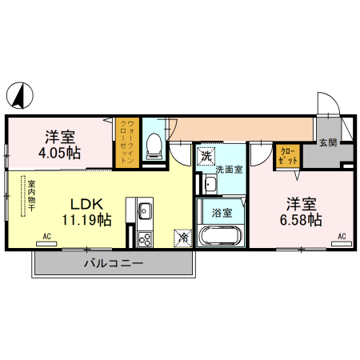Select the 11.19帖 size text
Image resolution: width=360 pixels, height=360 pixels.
86,219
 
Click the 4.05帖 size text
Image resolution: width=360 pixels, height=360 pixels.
60,152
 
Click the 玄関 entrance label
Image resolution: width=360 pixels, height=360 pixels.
329,142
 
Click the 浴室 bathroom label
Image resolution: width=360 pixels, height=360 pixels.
222,212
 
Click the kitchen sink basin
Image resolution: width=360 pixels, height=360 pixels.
145,212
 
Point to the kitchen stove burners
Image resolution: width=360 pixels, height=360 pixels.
145,238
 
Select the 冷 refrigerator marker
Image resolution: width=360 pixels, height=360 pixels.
183,238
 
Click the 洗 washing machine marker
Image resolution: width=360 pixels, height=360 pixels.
206,154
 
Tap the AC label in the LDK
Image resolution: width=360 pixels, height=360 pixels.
47,237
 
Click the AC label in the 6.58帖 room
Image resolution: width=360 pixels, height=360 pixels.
342,237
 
